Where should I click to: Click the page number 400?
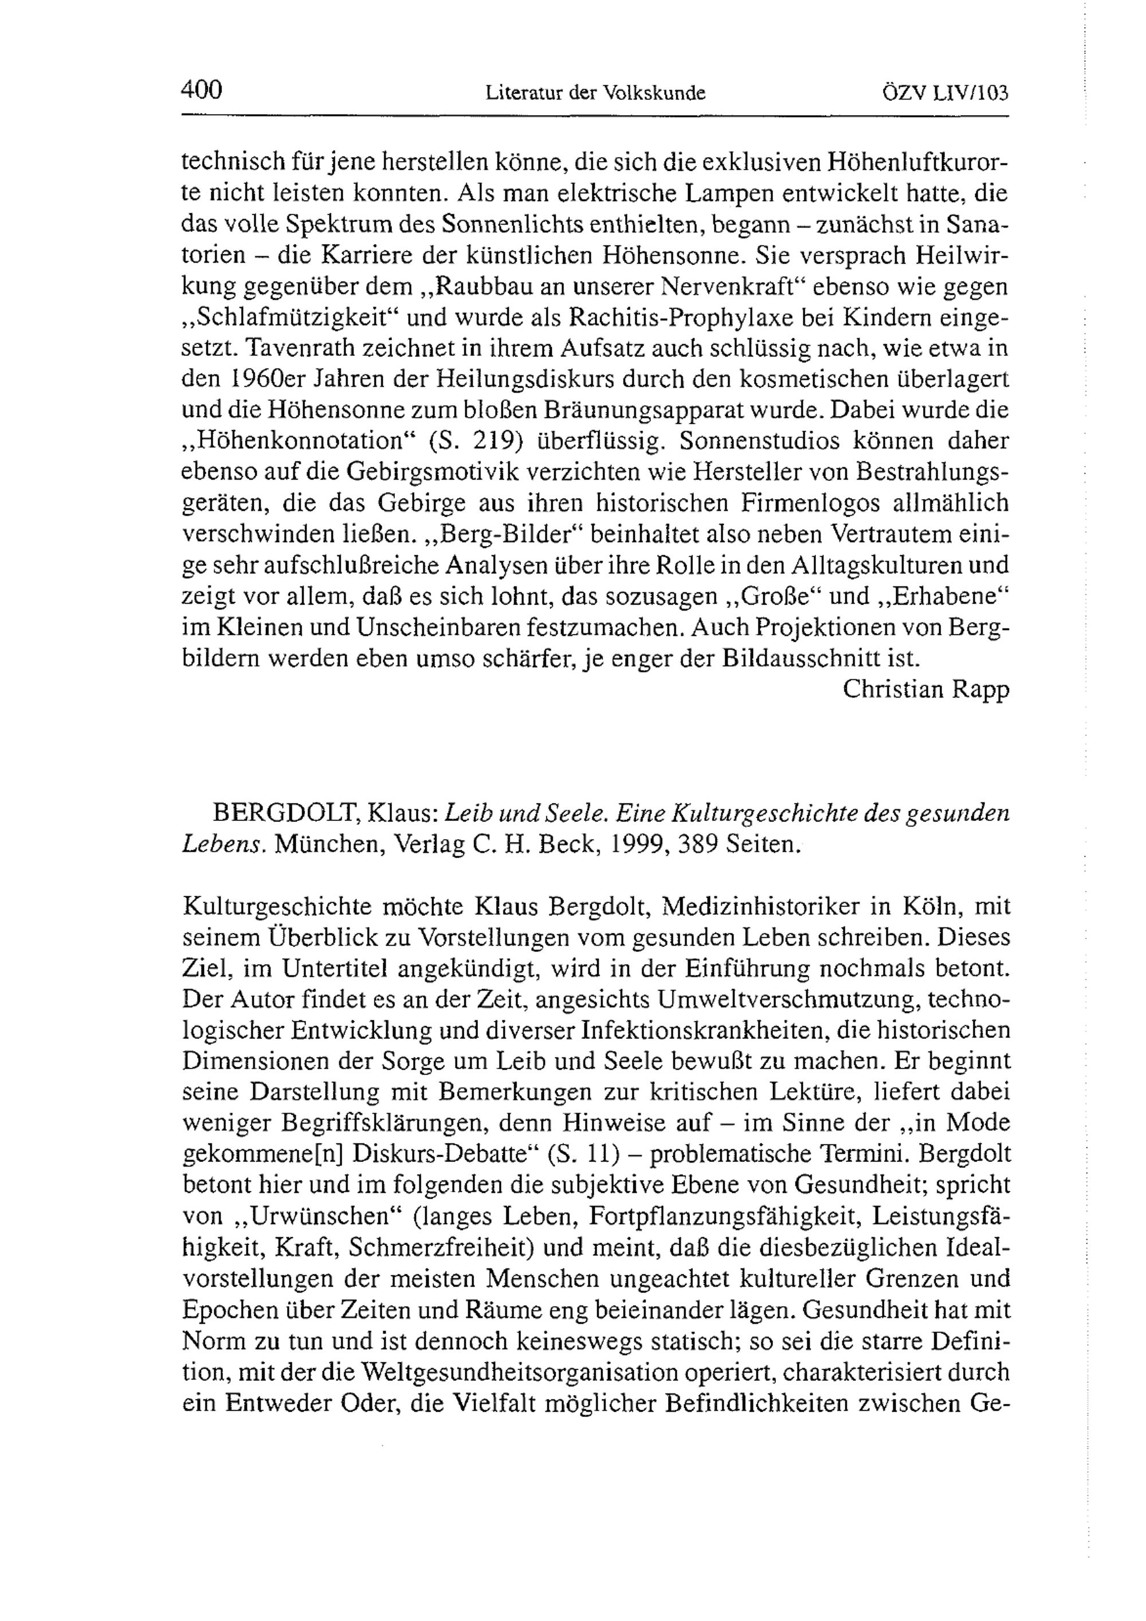point(202,91)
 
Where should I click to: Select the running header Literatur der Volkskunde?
point(595,93)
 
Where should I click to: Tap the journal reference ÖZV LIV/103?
point(945,93)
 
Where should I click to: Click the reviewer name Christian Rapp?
point(926,689)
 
